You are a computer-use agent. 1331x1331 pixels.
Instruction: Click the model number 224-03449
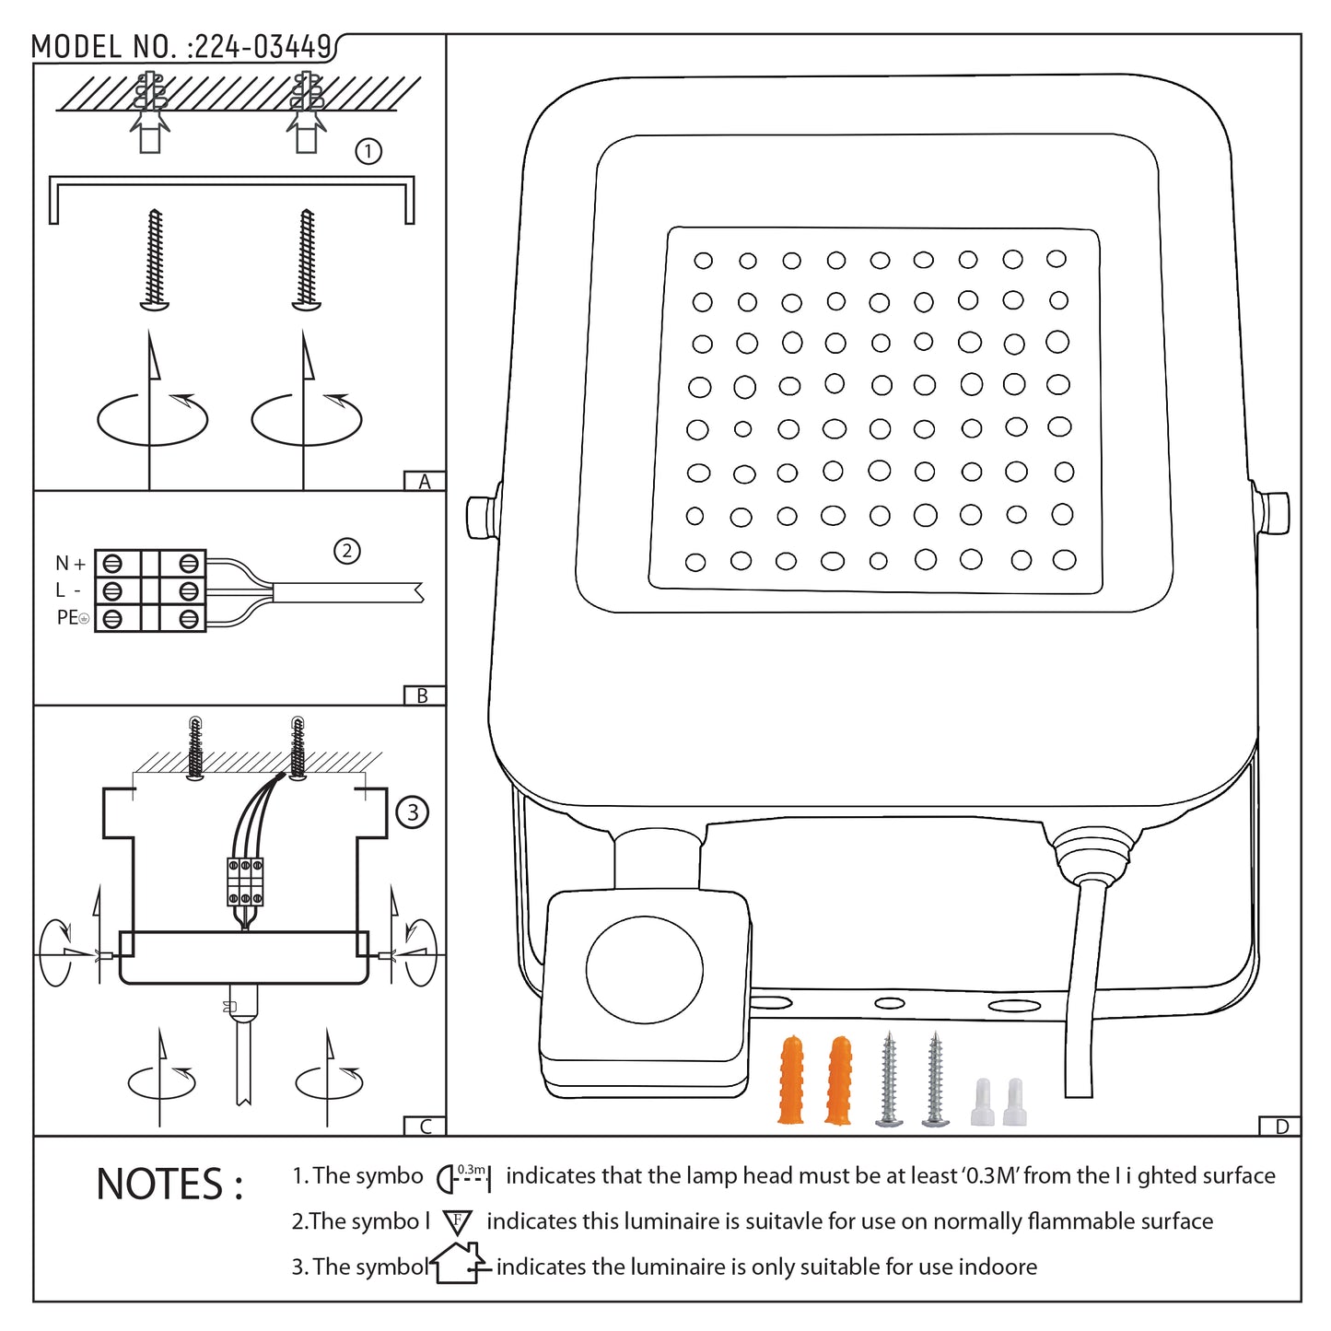click(x=262, y=47)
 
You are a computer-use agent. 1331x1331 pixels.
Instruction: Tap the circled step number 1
click(x=368, y=151)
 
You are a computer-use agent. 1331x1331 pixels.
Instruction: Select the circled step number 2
click(x=346, y=551)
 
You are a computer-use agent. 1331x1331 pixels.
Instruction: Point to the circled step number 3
click(x=412, y=812)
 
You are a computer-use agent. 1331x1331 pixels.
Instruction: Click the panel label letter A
click(x=425, y=482)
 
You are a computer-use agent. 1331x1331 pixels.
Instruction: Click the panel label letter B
click(x=423, y=696)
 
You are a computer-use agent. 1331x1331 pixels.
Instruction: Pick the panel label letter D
click(x=1281, y=1127)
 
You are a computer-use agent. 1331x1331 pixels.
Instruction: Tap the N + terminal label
click(x=70, y=563)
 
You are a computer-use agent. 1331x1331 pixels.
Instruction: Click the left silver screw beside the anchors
click(x=889, y=1079)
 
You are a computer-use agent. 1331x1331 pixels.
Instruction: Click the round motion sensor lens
click(x=644, y=970)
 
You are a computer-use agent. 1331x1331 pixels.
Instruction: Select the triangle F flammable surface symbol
click(x=457, y=1222)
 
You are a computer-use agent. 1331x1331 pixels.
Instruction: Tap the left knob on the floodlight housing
click(x=481, y=517)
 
